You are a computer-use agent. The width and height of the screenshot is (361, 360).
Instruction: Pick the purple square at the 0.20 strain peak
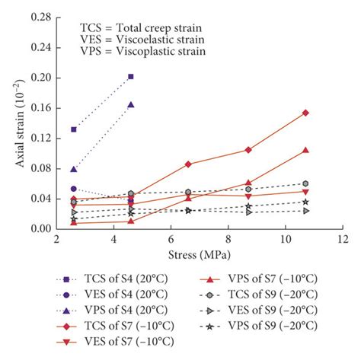tap(131, 76)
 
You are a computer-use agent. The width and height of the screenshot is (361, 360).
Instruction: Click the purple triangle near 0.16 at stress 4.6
tap(131, 105)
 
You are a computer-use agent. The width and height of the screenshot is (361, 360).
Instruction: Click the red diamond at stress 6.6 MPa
tap(188, 164)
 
